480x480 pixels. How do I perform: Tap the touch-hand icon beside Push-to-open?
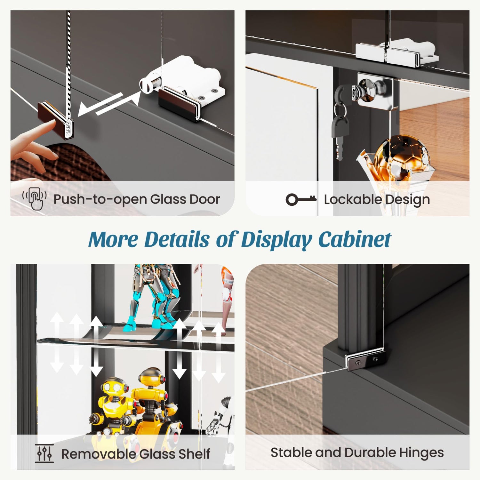pos(34,198)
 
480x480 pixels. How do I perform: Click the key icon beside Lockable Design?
pos(301,200)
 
